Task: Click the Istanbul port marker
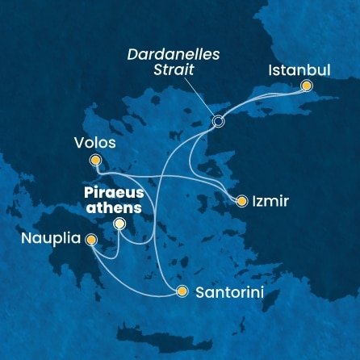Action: tap(306, 86)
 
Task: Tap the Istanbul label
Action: tap(299, 69)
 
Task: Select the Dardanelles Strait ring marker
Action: tap(217, 122)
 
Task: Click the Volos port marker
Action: tap(95, 161)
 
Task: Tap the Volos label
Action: tap(94, 144)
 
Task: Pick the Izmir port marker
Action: tap(241, 200)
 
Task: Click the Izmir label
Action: tap(269, 200)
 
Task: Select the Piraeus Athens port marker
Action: tap(119, 224)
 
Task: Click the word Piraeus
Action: tap(111, 192)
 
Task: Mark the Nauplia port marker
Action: tap(90, 240)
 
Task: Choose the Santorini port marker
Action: tap(182, 291)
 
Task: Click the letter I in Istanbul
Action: tap(270, 69)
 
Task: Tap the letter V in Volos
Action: tap(77, 144)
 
